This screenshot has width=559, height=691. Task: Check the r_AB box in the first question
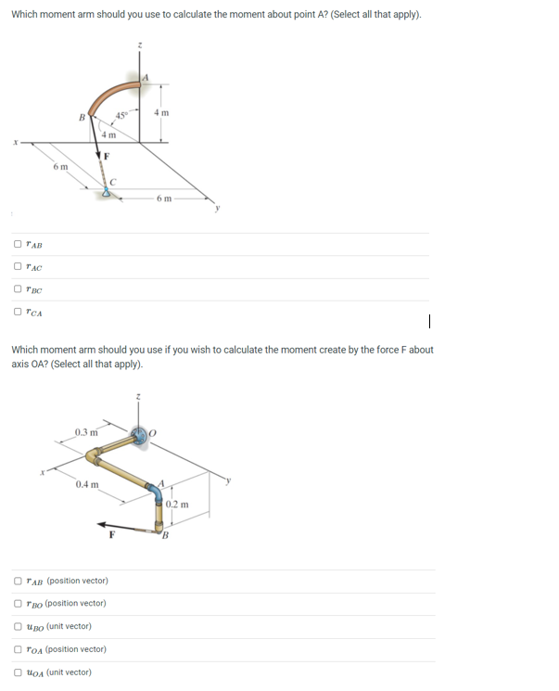pyautogui.click(x=18, y=245)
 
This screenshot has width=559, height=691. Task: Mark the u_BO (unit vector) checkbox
pyautogui.click(x=18, y=626)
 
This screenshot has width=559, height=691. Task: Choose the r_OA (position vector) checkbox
pyautogui.click(x=18, y=649)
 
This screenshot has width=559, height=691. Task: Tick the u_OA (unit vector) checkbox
pyautogui.click(x=18, y=672)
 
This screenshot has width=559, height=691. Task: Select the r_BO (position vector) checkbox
pyautogui.click(x=18, y=603)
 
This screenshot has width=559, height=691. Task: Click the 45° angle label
pyautogui.click(x=121, y=115)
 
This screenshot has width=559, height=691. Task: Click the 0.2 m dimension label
pyautogui.click(x=177, y=505)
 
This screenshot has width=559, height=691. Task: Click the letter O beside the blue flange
pyautogui.click(x=159, y=432)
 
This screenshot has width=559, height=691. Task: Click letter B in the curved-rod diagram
pyautogui.click(x=82, y=118)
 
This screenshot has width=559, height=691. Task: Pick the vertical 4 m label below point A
pyautogui.click(x=162, y=112)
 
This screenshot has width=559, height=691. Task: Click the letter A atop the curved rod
pyautogui.click(x=145, y=76)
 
